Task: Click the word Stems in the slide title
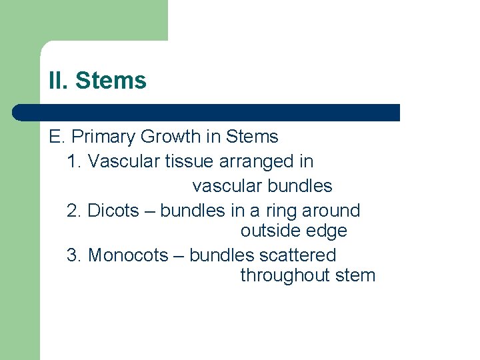click(x=111, y=81)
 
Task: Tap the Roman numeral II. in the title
click(x=59, y=81)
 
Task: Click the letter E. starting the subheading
click(x=56, y=137)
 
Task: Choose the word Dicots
click(x=115, y=211)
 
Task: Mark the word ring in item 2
click(x=281, y=211)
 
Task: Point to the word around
click(x=331, y=211)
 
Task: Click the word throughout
click(x=277, y=275)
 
